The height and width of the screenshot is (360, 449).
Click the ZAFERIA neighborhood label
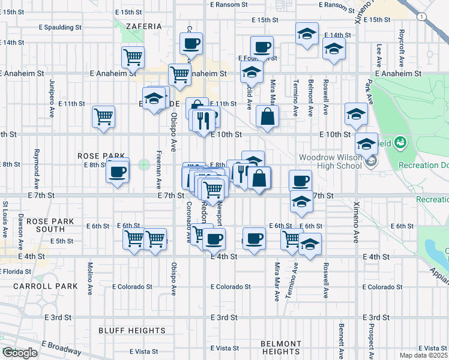click(x=144, y=26)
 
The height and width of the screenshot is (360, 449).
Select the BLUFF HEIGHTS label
click(x=131, y=331)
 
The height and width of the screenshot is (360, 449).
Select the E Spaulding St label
click(x=60, y=28)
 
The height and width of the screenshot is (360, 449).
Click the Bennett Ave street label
click(x=340, y=340)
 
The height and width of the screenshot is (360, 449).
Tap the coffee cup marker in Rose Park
click(x=117, y=172)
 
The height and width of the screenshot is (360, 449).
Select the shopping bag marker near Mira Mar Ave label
click(x=267, y=116)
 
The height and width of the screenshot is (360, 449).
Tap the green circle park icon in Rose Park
click(x=144, y=164)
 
